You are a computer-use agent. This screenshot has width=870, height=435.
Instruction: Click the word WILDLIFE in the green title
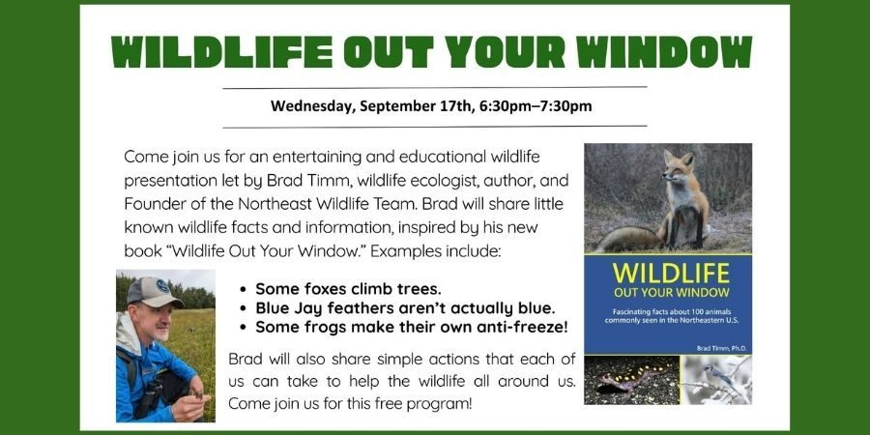click(x=221, y=53)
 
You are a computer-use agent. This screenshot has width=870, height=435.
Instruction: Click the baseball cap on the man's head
click(x=153, y=291)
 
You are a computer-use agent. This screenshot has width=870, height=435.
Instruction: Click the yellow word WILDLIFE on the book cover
click(x=670, y=274)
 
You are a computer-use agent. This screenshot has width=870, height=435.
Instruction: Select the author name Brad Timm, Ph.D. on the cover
click(x=721, y=348)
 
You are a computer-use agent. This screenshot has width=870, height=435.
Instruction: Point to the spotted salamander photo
click(x=632, y=380)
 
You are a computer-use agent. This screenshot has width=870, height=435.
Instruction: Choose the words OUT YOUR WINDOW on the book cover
click(x=671, y=292)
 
